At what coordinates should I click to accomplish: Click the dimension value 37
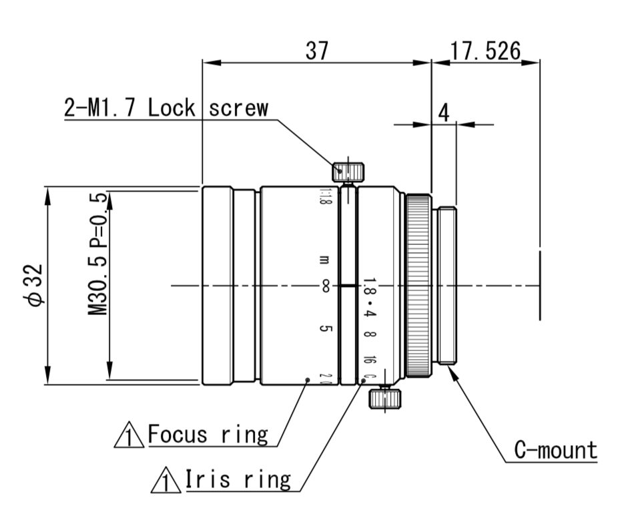[317, 51]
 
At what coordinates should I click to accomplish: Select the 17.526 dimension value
[485, 51]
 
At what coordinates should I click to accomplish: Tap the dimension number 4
[443, 113]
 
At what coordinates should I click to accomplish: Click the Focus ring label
[208, 435]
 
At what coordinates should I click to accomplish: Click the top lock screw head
[348, 171]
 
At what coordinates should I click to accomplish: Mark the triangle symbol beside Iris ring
[165, 481]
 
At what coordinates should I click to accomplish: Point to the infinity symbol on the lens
[326, 286]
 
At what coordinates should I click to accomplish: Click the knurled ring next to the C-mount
[419, 286]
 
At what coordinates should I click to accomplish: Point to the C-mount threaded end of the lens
[446, 286]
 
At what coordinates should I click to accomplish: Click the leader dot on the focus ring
[307, 380]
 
